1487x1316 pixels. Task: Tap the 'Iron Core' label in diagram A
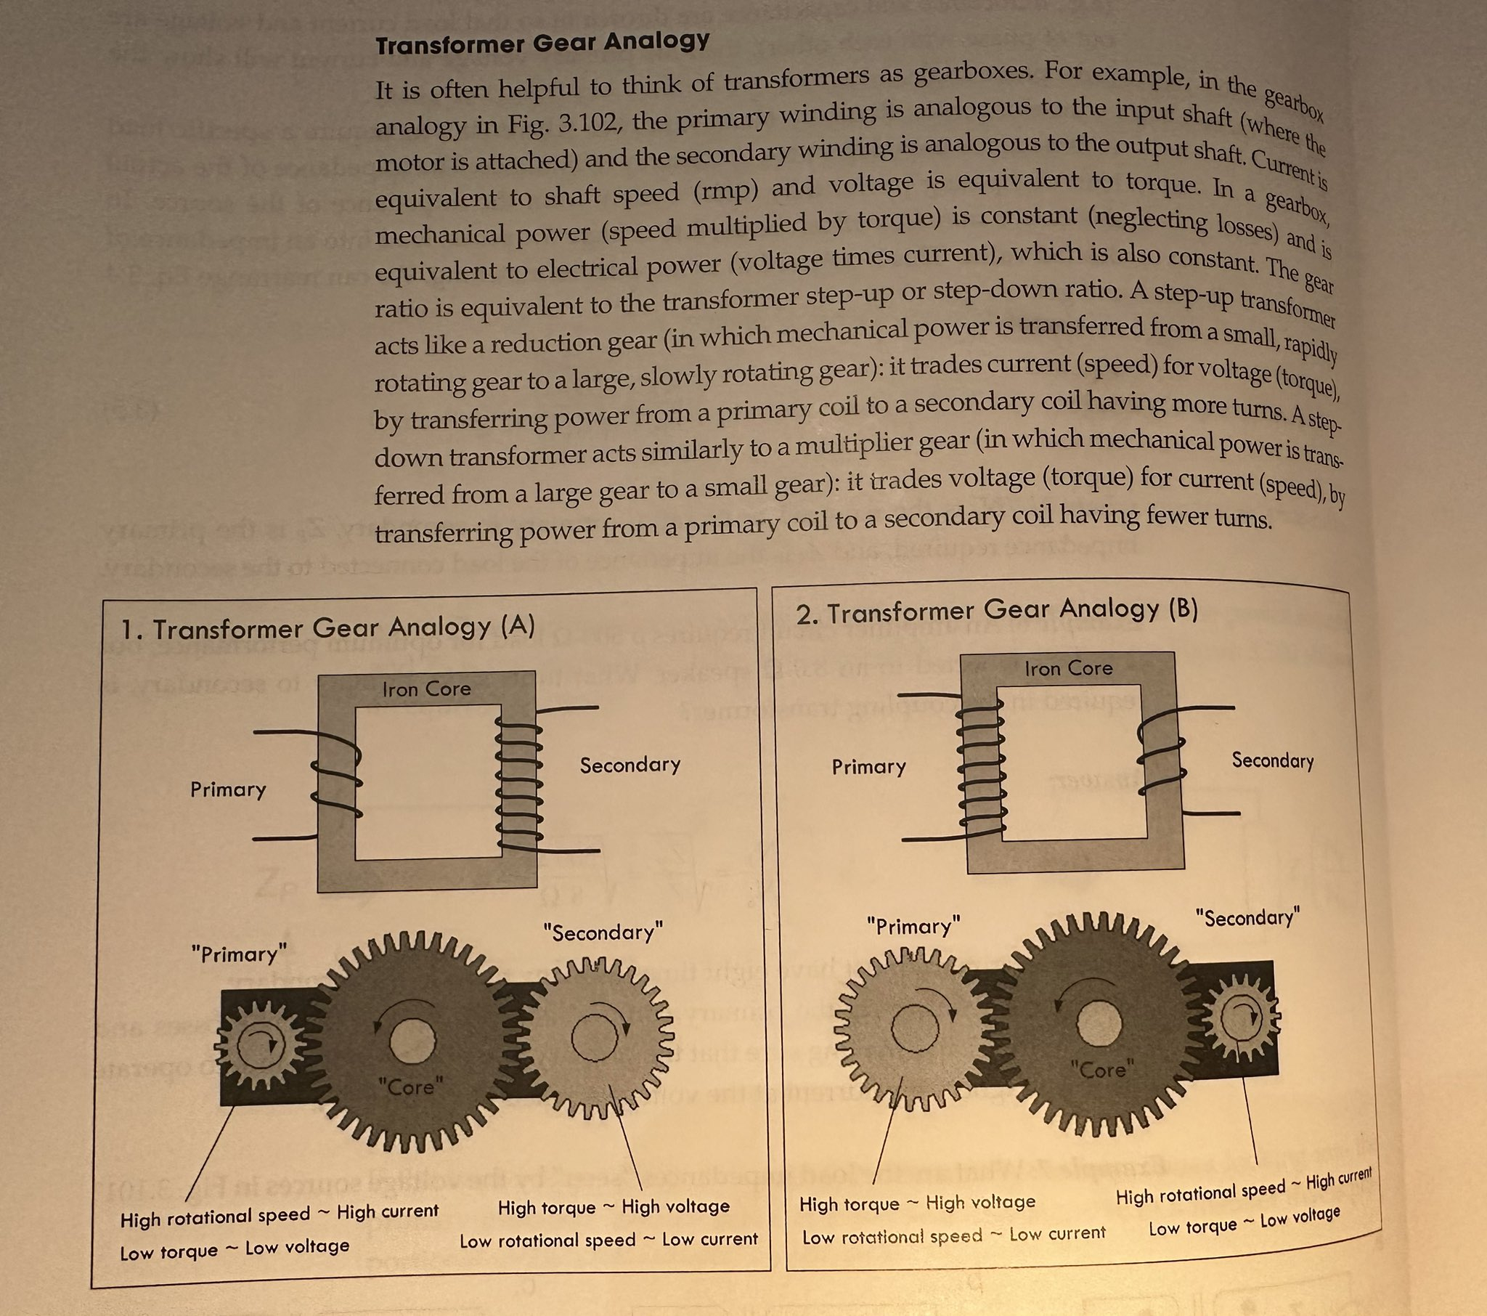coord(426,689)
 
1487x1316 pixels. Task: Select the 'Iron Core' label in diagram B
coord(1068,668)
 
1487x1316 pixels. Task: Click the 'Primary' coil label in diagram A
coord(228,789)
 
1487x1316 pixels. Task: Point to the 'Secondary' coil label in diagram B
coord(1272,760)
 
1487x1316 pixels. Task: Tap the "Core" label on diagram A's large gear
coord(410,1087)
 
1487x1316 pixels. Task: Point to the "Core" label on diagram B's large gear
coord(1102,1069)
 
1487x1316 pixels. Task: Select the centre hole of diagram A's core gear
coord(412,1040)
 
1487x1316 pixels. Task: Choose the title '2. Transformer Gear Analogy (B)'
coord(997,611)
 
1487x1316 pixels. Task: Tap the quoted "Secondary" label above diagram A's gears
coord(603,933)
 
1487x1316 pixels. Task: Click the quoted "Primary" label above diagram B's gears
coord(913,927)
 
